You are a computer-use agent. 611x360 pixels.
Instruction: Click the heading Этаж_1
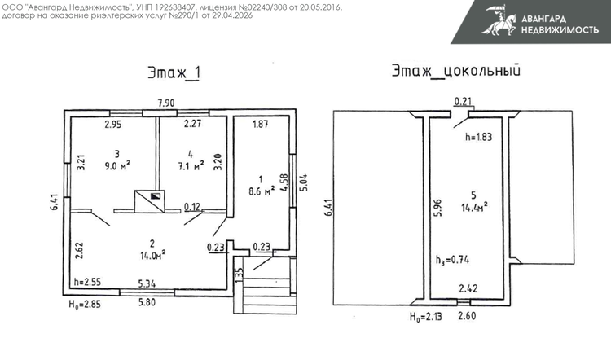click(174, 72)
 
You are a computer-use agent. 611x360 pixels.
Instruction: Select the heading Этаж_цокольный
click(456, 72)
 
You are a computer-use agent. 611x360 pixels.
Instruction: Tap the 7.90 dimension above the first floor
click(166, 103)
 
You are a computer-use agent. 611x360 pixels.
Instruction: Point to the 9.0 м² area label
click(117, 166)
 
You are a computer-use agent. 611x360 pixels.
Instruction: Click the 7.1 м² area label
click(191, 166)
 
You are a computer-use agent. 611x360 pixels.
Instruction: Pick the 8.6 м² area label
click(262, 191)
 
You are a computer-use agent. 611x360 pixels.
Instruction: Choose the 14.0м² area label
click(153, 256)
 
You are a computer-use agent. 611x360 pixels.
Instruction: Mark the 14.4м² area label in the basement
click(475, 207)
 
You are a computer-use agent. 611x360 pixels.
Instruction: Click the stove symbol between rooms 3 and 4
click(149, 201)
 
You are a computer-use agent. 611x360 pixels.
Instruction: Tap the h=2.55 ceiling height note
click(87, 281)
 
